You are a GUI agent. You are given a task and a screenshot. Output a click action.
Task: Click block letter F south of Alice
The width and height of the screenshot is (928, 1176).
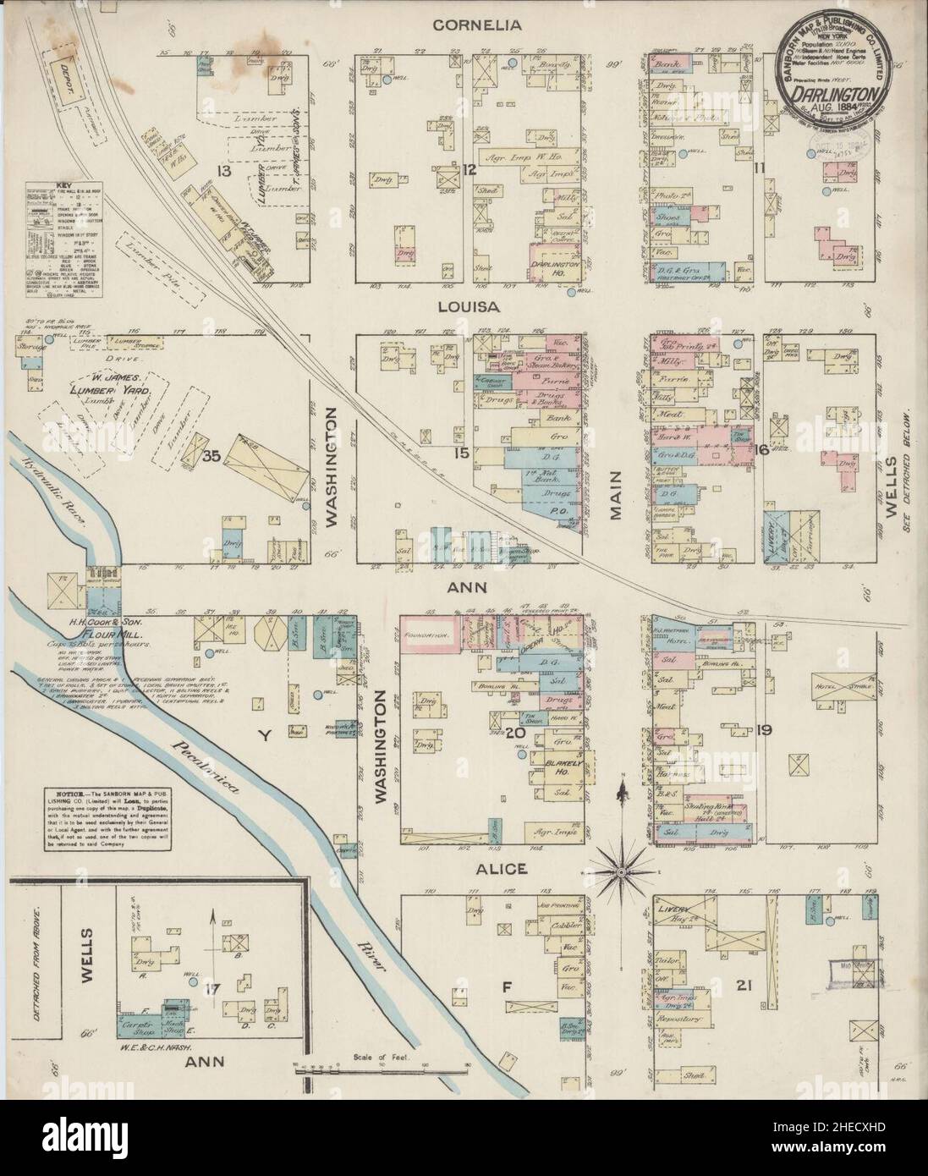click(x=507, y=984)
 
